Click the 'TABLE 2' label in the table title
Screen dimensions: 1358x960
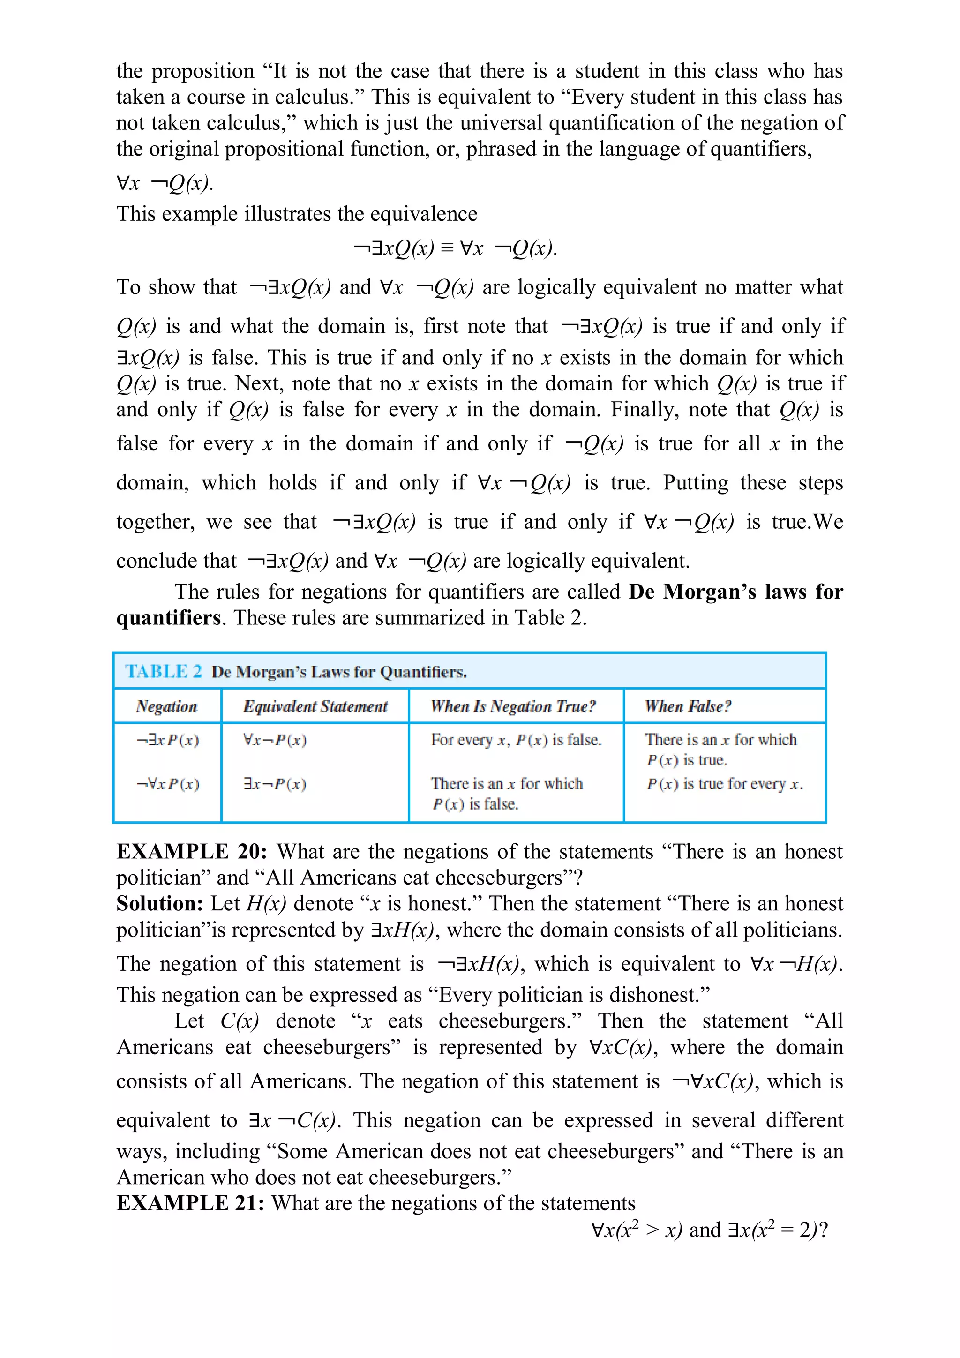tap(163, 671)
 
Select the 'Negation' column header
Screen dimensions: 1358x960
tap(166, 706)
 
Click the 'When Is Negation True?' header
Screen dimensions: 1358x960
tap(513, 706)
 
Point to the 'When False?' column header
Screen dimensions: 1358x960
tap(688, 706)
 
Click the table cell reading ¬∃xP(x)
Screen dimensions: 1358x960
tap(168, 740)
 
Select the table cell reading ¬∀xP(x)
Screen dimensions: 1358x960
tap(168, 784)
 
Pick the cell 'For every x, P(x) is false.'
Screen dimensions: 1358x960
tap(516, 740)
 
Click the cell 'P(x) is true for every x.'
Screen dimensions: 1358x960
tap(725, 784)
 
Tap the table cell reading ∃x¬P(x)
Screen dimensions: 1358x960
tap(275, 784)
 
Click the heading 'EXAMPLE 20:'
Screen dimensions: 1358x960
tap(192, 852)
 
